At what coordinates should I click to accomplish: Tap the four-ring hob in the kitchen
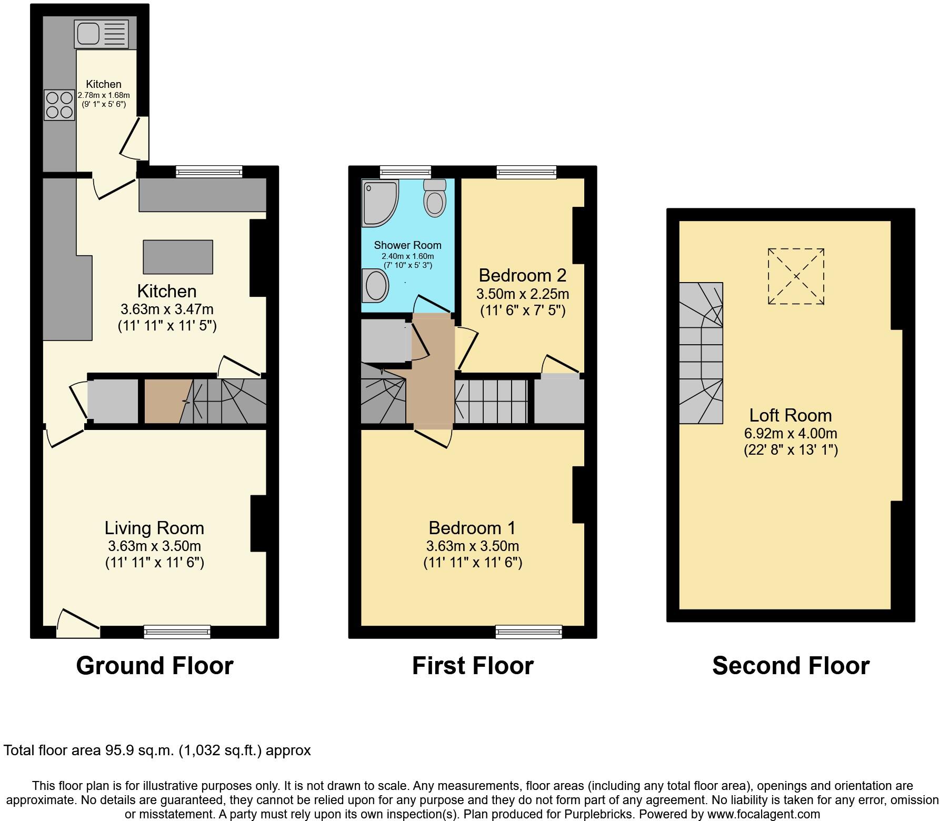tap(59, 105)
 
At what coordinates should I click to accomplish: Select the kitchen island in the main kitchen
tap(178, 257)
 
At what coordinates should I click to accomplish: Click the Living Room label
tap(154, 528)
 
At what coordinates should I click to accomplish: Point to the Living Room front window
tap(177, 632)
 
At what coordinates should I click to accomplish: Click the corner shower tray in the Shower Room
tap(379, 202)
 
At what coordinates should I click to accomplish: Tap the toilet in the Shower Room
tap(435, 198)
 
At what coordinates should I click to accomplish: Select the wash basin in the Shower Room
tap(376, 285)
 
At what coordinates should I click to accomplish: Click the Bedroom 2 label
tap(522, 275)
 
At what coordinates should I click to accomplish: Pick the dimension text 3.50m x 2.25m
tap(522, 294)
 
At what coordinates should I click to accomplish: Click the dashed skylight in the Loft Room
tap(795, 276)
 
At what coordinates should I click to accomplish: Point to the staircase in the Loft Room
tap(701, 353)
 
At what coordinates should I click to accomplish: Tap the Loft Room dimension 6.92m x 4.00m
tap(790, 434)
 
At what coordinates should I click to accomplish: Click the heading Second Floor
tap(790, 666)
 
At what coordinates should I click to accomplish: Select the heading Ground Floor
tap(155, 666)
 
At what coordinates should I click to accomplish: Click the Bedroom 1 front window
tap(528, 632)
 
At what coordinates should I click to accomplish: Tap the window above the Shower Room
tap(405, 172)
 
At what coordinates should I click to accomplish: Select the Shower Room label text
tap(407, 245)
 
